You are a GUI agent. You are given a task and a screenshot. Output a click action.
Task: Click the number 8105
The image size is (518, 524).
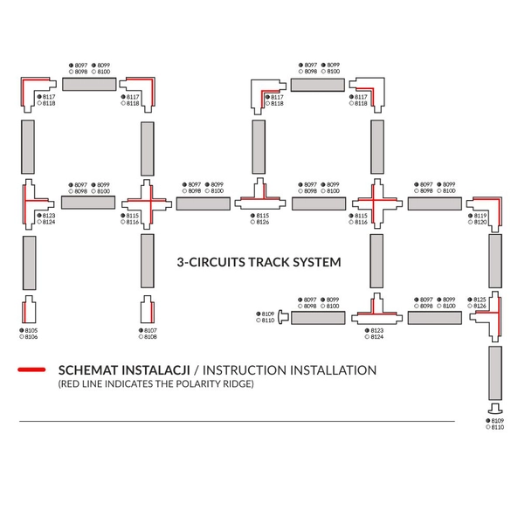[32, 330]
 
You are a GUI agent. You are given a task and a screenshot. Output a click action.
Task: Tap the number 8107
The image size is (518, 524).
[151, 330]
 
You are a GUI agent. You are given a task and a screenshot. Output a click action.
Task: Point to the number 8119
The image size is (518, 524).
[480, 216]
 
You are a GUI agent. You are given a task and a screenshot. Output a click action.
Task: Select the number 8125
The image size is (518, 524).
[480, 300]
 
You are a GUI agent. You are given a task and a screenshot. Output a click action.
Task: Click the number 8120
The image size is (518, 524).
[480, 223]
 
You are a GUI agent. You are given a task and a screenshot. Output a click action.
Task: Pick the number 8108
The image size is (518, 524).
[151, 336]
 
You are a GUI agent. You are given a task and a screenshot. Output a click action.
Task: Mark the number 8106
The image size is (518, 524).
[32, 336]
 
